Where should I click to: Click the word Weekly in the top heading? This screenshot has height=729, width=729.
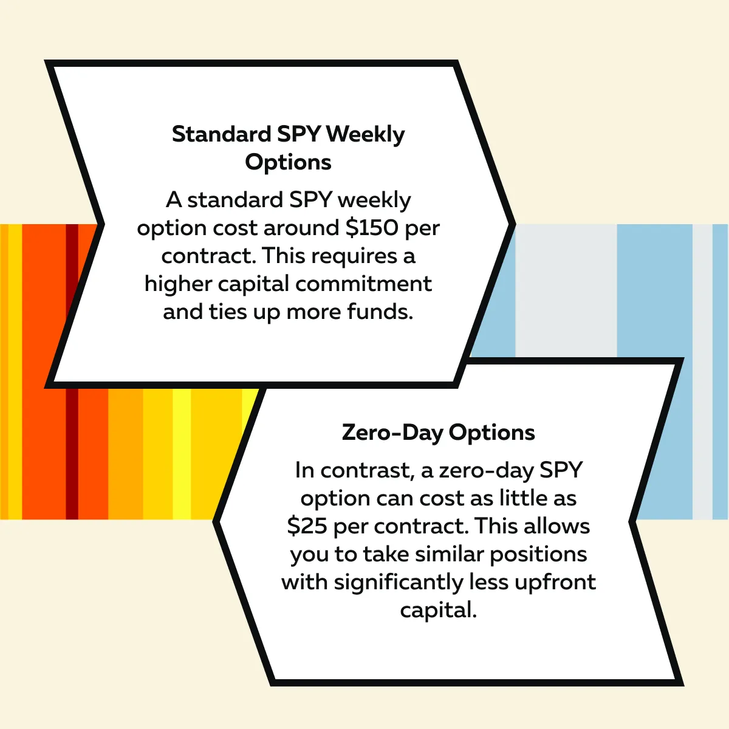point(365,135)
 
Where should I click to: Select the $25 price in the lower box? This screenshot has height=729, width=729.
point(307,526)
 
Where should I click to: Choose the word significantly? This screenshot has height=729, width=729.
point(399,583)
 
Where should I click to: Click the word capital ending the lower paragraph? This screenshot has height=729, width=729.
point(438,610)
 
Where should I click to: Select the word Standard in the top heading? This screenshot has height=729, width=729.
point(221,134)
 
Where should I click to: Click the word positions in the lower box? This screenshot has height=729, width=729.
point(538,555)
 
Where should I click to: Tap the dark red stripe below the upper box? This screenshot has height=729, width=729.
point(72,454)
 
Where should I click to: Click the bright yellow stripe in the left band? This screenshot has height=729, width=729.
point(182,454)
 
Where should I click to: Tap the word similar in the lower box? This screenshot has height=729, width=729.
point(450,554)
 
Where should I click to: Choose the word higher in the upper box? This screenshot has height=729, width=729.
point(178,284)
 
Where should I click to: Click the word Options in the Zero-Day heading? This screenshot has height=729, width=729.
point(492,433)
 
